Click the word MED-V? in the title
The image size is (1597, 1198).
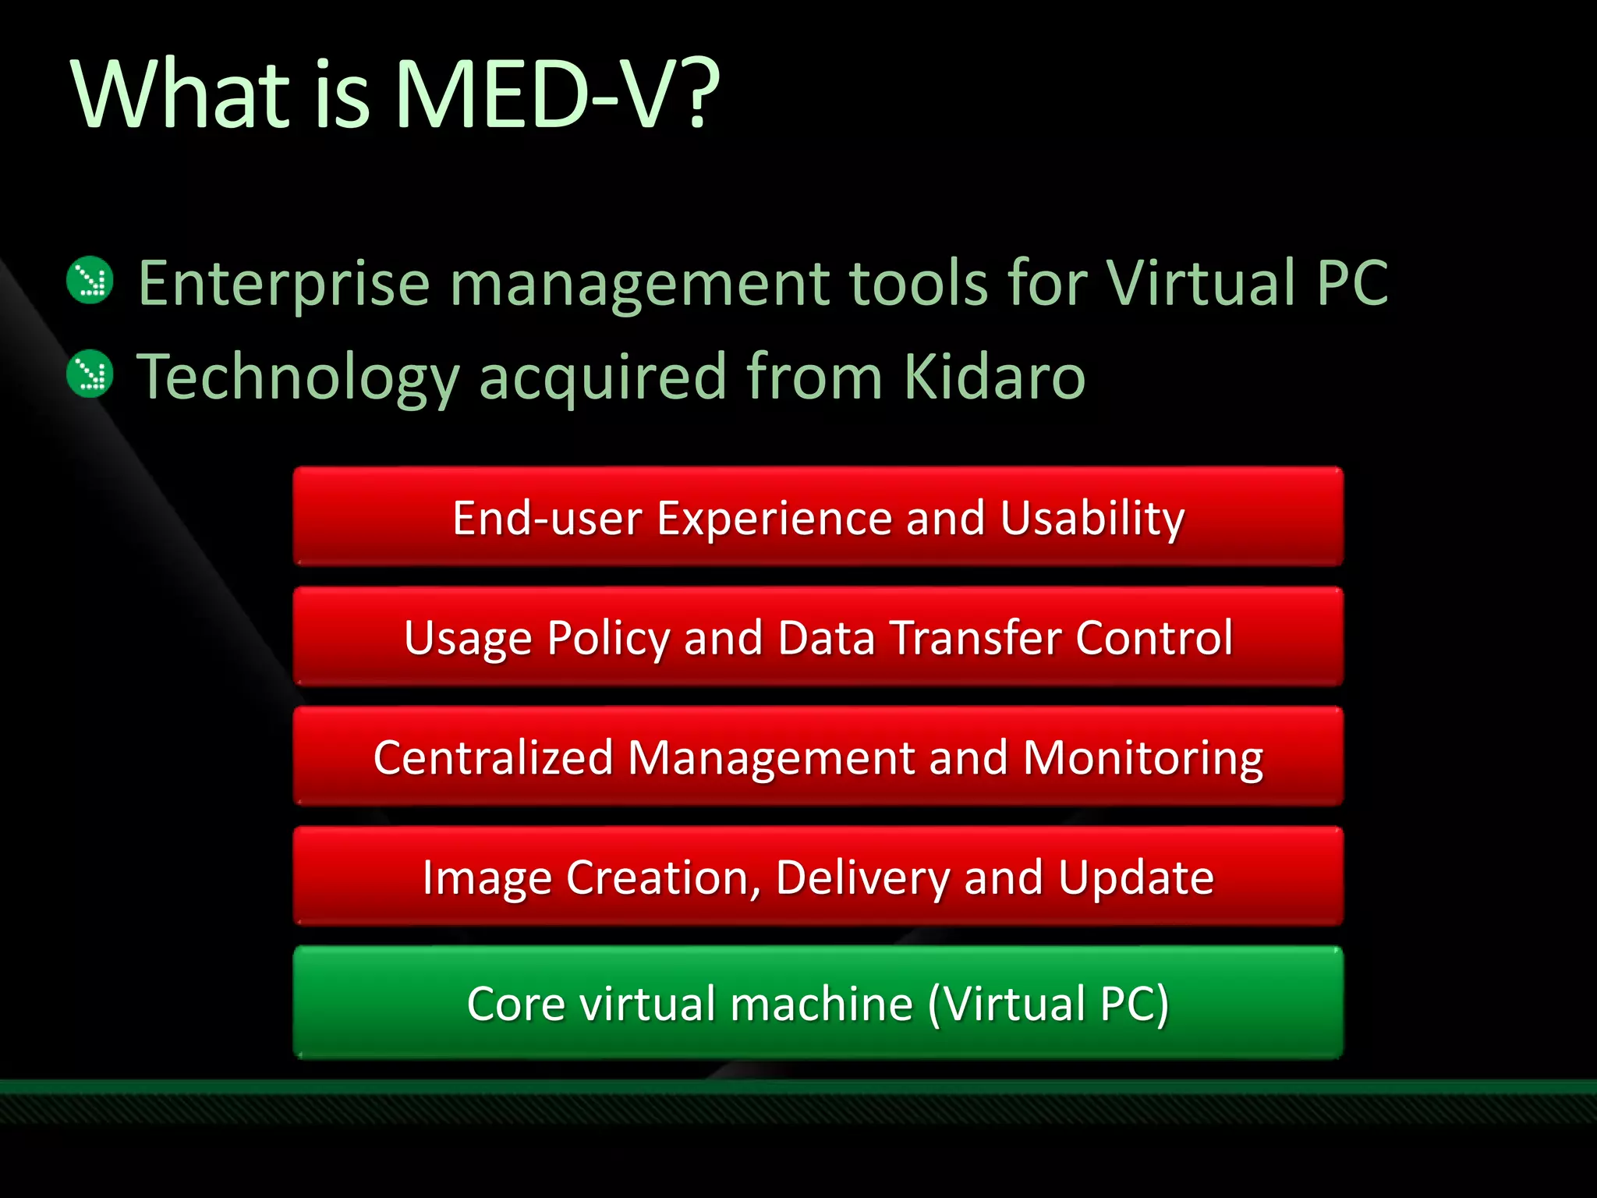(x=557, y=95)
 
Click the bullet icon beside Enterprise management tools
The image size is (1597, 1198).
(x=90, y=280)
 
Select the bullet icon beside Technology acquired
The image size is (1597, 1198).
(x=90, y=374)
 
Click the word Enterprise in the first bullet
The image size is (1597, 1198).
(x=284, y=284)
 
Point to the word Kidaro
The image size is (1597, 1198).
(x=994, y=376)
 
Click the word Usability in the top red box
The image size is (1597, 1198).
(x=1092, y=519)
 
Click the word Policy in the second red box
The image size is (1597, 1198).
(x=607, y=639)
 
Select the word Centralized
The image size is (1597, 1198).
(x=493, y=757)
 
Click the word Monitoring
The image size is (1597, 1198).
(x=1142, y=759)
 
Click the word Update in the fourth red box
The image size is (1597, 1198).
(x=1135, y=879)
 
